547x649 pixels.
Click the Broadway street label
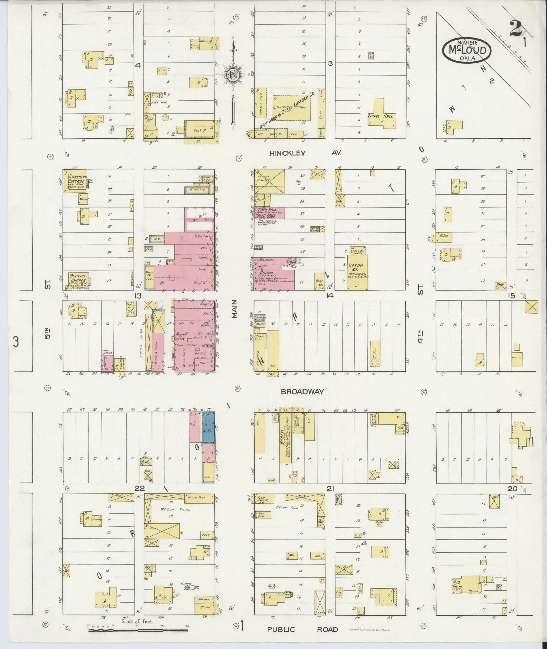point(302,391)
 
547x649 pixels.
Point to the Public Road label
point(302,629)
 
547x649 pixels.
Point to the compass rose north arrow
point(234,75)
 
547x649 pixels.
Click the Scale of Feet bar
point(137,630)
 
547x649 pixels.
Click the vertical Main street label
point(234,310)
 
